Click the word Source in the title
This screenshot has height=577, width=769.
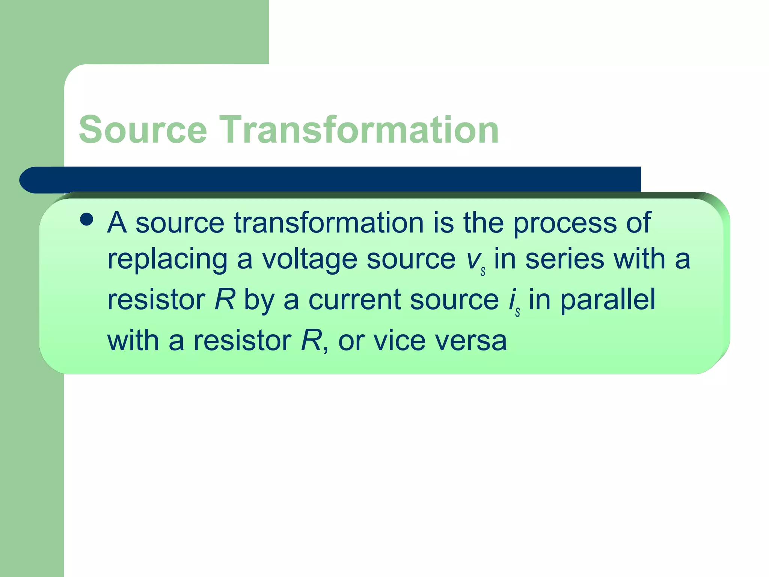pyautogui.click(x=143, y=130)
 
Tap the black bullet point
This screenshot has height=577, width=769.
pyautogui.click(x=87, y=219)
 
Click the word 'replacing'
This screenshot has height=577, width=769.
pyautogui.click(x=167, y=260)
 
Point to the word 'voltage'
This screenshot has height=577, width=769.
pyautogui.click(x=309, y=260)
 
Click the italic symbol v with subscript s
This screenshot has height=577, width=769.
pyautogui.click(x=475, y=261)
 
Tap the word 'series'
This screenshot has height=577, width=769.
pyautogui.click(x=565, y=260)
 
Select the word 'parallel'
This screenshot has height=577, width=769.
pyautogui.click(x=608, y=301)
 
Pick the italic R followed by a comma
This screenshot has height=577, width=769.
pyautogui.click(x=311, y=341)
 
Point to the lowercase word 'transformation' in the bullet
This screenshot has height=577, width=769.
pyautogui.click(x=329, y=223)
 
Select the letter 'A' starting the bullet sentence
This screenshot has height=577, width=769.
pyautogui.click(x=117, y=223)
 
